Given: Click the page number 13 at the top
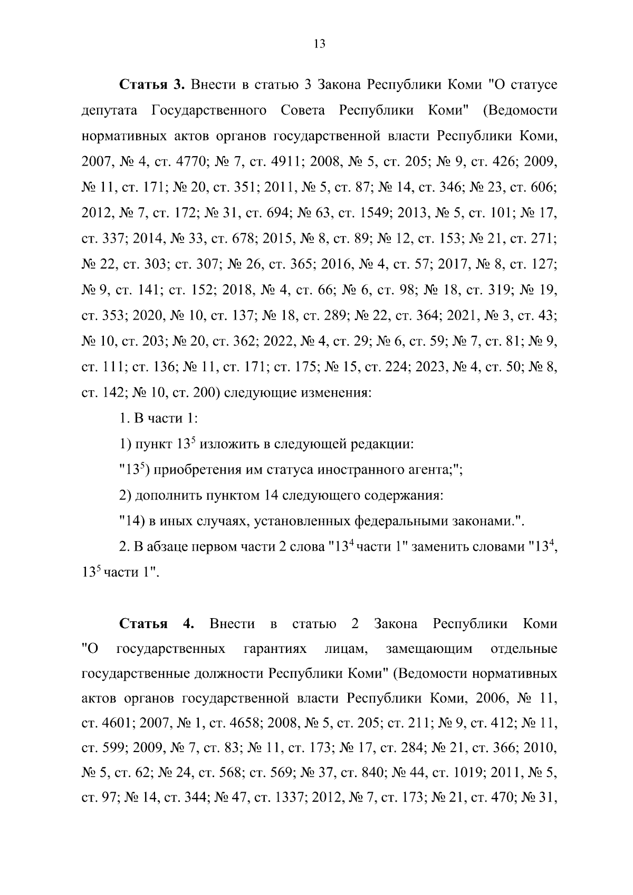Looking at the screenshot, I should point(319,44).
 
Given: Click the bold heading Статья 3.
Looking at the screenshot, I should point(152,85).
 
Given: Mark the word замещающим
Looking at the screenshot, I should point(429,649).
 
